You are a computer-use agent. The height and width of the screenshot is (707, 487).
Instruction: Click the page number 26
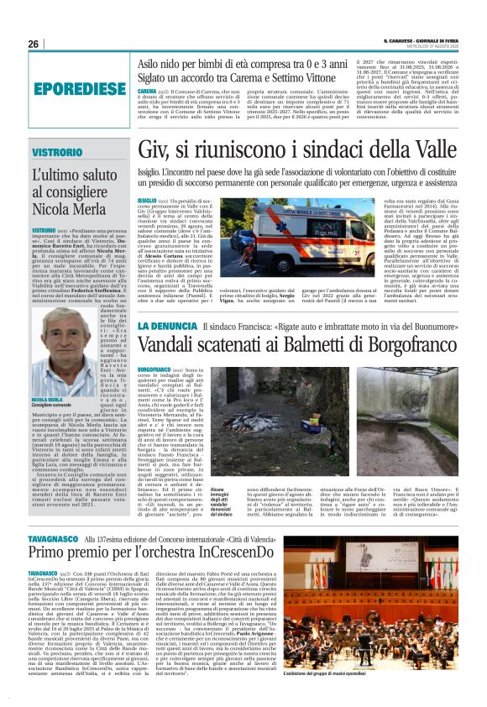(33, 44)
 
